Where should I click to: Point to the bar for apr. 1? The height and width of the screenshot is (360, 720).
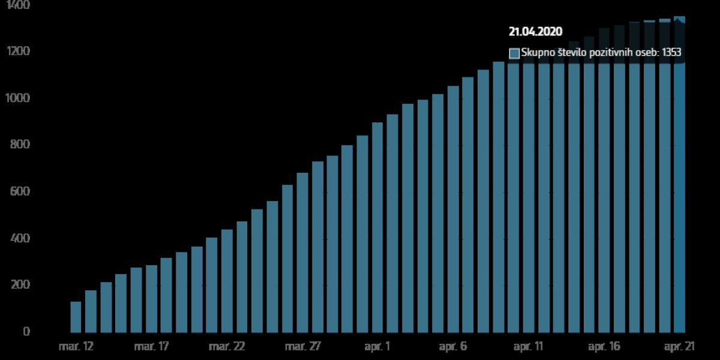click(x=377, y=228)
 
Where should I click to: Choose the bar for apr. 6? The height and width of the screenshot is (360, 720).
click(x=453, y=210)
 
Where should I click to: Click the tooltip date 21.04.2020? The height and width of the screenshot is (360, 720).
click(x=535, y=32)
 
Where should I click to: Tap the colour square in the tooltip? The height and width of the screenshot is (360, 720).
click(x=514, y=53)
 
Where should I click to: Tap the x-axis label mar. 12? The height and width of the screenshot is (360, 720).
click(x=76, y=347)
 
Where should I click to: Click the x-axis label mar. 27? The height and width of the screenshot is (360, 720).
click(x=302, y=347)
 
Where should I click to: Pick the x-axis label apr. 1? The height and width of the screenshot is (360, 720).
click(x=377, y=347)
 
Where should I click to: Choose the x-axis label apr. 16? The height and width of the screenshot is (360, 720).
click(x=604, y=347)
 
